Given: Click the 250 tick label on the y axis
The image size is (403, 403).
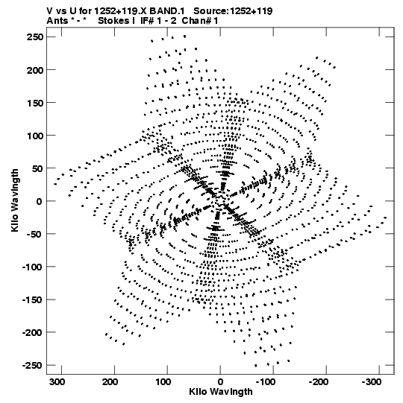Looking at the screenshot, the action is (x=35, y=37).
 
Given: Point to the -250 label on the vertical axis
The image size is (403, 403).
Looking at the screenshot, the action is (x=32, y=365).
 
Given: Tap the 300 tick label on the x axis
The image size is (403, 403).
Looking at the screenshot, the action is (x=57, y=382).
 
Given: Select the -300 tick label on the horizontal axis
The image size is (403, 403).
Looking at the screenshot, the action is (x=372, y=382).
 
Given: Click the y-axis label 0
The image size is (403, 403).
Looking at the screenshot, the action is (x=39, y=201).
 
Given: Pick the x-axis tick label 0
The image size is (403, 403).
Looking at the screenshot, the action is (x=220, y=382).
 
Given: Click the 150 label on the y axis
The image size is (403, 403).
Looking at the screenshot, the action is (x=35, y=103).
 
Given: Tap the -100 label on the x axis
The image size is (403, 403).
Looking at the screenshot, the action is (x=266, y=382).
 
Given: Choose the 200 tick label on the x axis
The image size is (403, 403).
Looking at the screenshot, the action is (x=110, y=382).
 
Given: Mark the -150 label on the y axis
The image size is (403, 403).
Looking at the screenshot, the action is (x=32, y=299).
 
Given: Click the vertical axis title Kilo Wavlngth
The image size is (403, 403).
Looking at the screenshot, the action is (x=15, y=200).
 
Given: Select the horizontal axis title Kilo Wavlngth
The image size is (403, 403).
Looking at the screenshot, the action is (x=221, y=392).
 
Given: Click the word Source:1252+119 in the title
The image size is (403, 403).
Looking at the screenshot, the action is (x=233, y=11).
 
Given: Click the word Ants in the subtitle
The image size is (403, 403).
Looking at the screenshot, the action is (x=57, y=21).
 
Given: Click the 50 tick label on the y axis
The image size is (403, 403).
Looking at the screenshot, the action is (x=37, y=168).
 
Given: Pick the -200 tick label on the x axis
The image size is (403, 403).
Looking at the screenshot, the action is (x=319, y=382).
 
